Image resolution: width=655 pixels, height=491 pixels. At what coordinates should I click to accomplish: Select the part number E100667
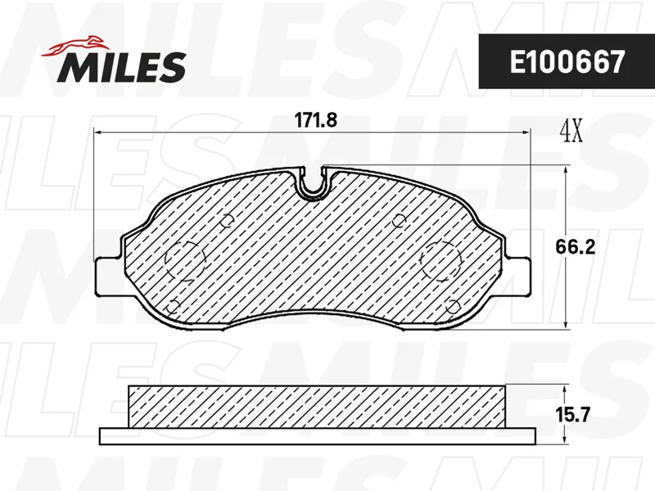(x=567, y=62)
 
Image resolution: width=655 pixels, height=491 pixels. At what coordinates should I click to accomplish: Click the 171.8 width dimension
(x=316, y=120)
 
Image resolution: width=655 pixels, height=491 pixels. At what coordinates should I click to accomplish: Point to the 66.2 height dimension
(x=575, y=247)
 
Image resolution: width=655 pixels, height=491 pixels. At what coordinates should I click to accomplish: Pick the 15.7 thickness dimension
(x=572, y=415)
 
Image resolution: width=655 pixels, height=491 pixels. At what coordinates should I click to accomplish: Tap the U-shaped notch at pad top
(x=313, y=182)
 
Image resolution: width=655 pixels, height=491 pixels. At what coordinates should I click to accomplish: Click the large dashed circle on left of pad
(x=186, y=260)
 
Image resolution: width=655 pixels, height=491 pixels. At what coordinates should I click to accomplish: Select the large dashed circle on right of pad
(x=441, y=260)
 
